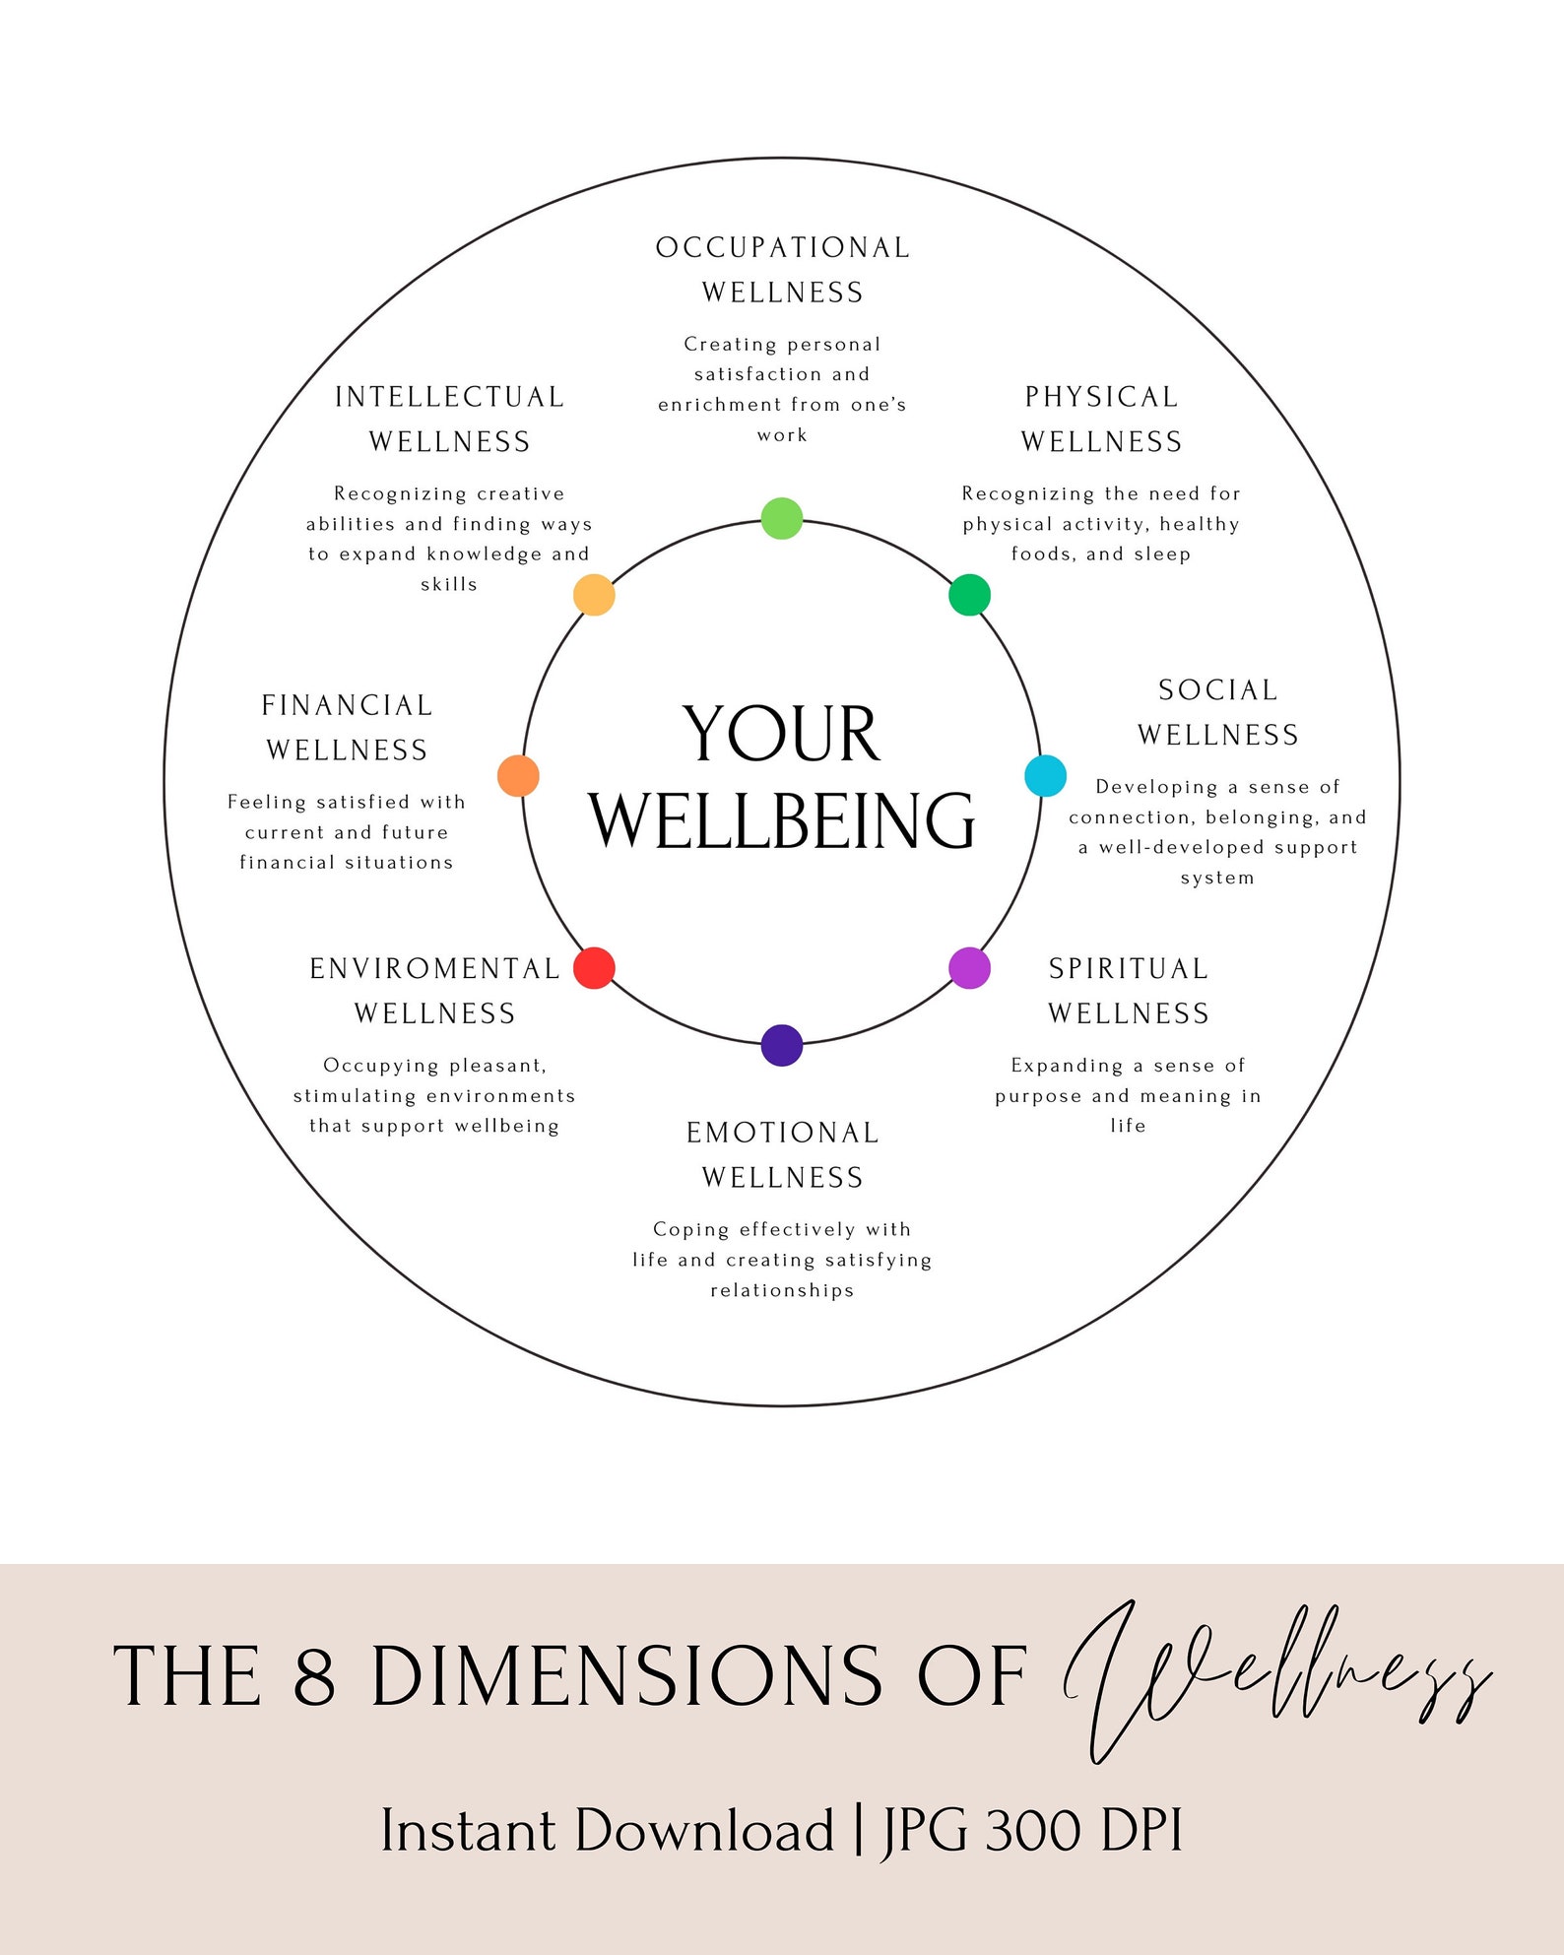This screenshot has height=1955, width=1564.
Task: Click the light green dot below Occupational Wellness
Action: coord(782,518)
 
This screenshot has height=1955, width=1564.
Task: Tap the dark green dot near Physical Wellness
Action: coord(969,595)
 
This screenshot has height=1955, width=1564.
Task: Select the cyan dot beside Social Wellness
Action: coord(1045,776)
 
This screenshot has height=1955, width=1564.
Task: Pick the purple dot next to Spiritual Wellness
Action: coord(969,967)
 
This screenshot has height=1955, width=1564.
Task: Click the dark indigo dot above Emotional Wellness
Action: coord(782,1045)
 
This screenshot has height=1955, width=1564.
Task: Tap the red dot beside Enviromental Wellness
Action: coord(594,967)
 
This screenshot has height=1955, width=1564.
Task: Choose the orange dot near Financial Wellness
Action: coord(518,776)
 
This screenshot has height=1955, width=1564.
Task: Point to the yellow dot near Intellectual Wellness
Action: coord(594,595)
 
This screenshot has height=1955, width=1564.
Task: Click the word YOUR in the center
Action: coord(780,735)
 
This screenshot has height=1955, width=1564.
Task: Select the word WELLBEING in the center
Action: coord(782,820)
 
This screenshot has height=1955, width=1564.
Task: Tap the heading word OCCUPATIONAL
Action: coord(783,247)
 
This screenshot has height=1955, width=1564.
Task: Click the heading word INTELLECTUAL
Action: coord(449,397)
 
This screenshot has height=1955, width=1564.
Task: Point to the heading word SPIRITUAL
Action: coord(1128,969)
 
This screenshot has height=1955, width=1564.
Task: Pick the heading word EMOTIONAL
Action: coord(782,1133)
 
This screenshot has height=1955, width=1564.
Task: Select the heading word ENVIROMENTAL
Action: coord(434,969)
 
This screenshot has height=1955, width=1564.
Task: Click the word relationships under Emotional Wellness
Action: coord(782,1290)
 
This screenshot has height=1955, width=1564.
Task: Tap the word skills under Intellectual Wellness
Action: coord(449,584)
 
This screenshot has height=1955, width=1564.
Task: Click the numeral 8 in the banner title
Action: coord(314,1676)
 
